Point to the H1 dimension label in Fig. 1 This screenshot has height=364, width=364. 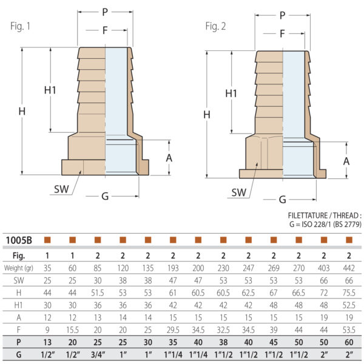50,90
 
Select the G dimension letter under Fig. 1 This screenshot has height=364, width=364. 105,197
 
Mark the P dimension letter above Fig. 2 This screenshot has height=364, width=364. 282,16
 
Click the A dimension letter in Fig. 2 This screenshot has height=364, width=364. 346,161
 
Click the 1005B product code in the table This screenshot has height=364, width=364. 19,240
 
